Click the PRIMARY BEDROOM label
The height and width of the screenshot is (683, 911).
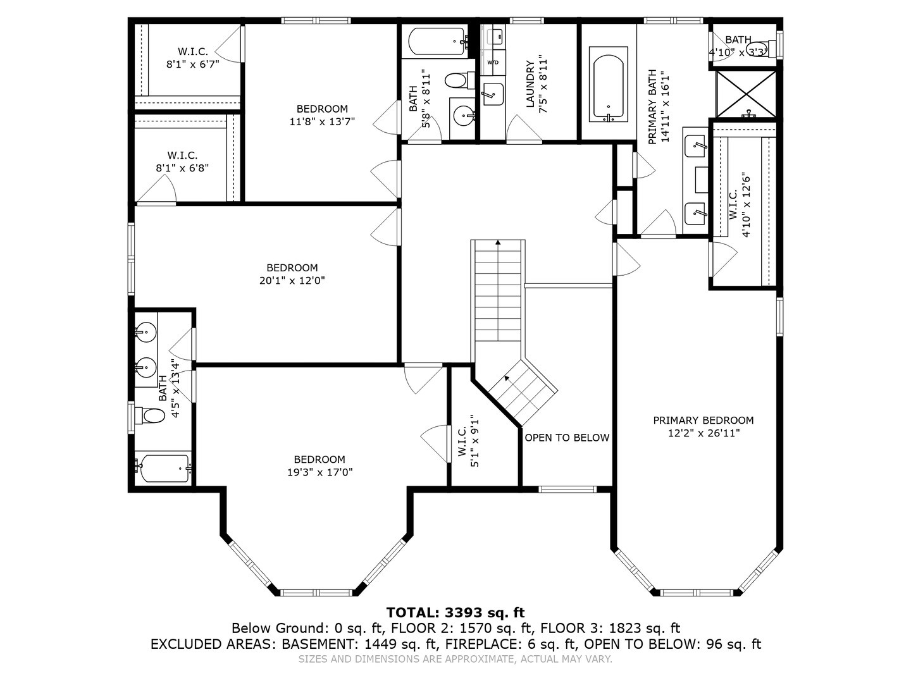pyautogui.click(x=703, y=421)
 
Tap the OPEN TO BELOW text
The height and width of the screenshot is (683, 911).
pyautogui.click(x=567, y=438)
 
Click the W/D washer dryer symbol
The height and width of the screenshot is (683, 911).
pyautogui.click(x=492, y=62)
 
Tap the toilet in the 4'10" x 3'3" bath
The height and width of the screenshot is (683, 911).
pyautogui.click(x=761, y=51)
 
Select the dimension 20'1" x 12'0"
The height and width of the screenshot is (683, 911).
pyautogui.click(x=292, y=281)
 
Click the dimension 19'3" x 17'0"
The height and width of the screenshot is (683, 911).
pyautogui.click(x=319, y=472)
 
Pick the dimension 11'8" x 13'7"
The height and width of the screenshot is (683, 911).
pyautogui.click(x=322, y=122)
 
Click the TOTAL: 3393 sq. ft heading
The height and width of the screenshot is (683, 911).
pyautogui.click(x=455, y=612)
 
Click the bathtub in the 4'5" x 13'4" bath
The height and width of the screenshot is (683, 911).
pyautogui.click(x=164, y=469)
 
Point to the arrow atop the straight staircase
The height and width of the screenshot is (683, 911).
pyautogui.click(x=498, y=242)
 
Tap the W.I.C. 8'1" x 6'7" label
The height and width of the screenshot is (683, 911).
pyautogui.click(x=192, y=58)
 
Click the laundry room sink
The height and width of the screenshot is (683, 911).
pyautogui.click(x=492, y=94)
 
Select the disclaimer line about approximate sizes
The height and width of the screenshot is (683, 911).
pyautogui.click(x=455, y=659)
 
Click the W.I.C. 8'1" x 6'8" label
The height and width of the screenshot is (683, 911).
pyautogui.click(x=182, y=161)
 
